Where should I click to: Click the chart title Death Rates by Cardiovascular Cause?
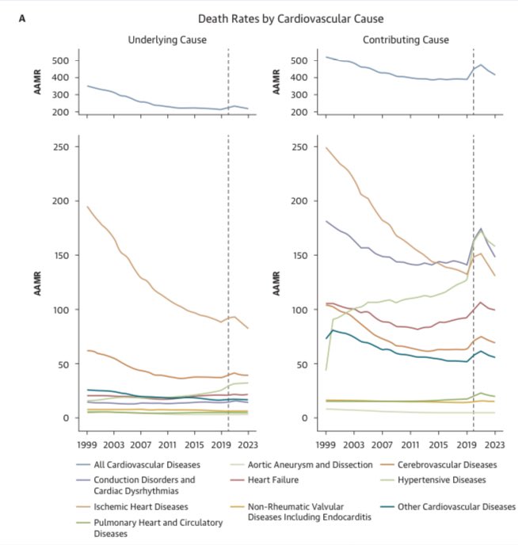pos(269,18)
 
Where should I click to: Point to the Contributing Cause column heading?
pos(405,40)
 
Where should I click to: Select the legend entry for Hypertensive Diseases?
pos(444,479)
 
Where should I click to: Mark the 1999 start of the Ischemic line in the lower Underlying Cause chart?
pos(87,207)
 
